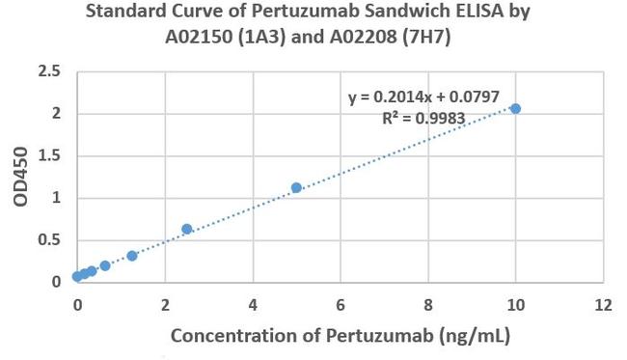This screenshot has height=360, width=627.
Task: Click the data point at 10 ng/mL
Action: pos(515,108)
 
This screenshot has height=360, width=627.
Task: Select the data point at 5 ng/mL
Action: pos(296,187)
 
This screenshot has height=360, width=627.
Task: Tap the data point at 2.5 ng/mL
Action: pos(187,229)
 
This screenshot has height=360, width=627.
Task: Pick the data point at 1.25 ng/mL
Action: pos(132,256)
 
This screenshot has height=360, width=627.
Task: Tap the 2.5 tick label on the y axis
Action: pos(48,71)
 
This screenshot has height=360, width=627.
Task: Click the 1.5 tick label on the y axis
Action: pos(48,156)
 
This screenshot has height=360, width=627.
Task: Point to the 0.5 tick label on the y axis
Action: pos(48,240)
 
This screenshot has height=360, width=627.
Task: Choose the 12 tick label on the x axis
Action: pos(603,302)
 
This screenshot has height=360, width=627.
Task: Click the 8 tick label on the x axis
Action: pos(428,302)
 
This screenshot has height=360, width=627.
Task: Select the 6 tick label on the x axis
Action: pos(341,302)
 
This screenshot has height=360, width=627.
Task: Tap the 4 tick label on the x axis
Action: pos(253,302)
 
